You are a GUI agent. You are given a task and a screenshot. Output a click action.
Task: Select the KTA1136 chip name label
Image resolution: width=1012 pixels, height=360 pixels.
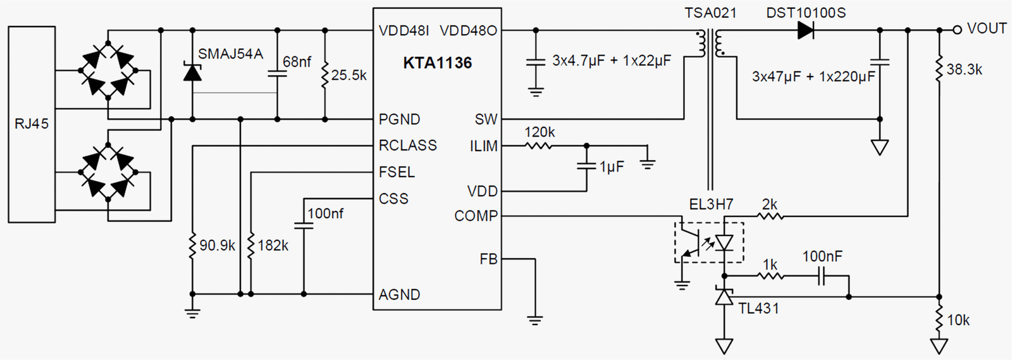tap(437, 63)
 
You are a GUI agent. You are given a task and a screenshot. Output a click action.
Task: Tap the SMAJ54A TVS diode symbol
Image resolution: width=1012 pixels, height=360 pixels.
tap(192, 72)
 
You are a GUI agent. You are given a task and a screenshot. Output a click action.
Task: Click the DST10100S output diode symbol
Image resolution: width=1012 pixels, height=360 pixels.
tap(806, 30)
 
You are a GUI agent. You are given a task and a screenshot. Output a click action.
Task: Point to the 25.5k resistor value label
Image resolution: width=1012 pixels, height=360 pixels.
tap(349, 75)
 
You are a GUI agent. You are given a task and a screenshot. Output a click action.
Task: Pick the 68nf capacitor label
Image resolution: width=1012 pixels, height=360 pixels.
tap(297, 62)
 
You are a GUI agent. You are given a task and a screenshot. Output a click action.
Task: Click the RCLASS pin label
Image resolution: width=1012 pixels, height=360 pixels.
tap(408, 146)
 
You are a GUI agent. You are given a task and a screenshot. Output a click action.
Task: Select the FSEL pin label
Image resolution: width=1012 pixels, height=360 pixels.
tap(397, 172)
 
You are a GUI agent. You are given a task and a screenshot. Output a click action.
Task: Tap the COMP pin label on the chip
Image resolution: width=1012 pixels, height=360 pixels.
tap(476, 216)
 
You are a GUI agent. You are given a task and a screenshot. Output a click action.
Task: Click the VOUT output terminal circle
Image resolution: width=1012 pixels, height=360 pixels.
tap(957, 30)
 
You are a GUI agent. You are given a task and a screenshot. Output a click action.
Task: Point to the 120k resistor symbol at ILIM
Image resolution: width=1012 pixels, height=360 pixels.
tap(538, 146)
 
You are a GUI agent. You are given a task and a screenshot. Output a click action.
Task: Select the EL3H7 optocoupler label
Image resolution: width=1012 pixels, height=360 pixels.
tap(711, 204)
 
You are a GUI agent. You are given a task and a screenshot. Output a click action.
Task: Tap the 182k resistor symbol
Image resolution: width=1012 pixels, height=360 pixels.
tap(250, 246)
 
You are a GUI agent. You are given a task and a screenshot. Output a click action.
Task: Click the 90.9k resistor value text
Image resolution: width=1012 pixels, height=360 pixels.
tap(218, 245)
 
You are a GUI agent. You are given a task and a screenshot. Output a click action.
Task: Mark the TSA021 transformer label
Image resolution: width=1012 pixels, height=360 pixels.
tap(710, 13)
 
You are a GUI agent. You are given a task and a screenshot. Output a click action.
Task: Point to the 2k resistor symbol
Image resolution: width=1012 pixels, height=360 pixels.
tap(770, 216)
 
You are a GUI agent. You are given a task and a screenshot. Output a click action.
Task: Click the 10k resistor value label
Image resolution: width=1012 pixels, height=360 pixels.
tap(958, 320)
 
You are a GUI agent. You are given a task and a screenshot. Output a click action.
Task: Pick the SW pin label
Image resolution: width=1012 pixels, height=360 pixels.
tap(486, 119)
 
